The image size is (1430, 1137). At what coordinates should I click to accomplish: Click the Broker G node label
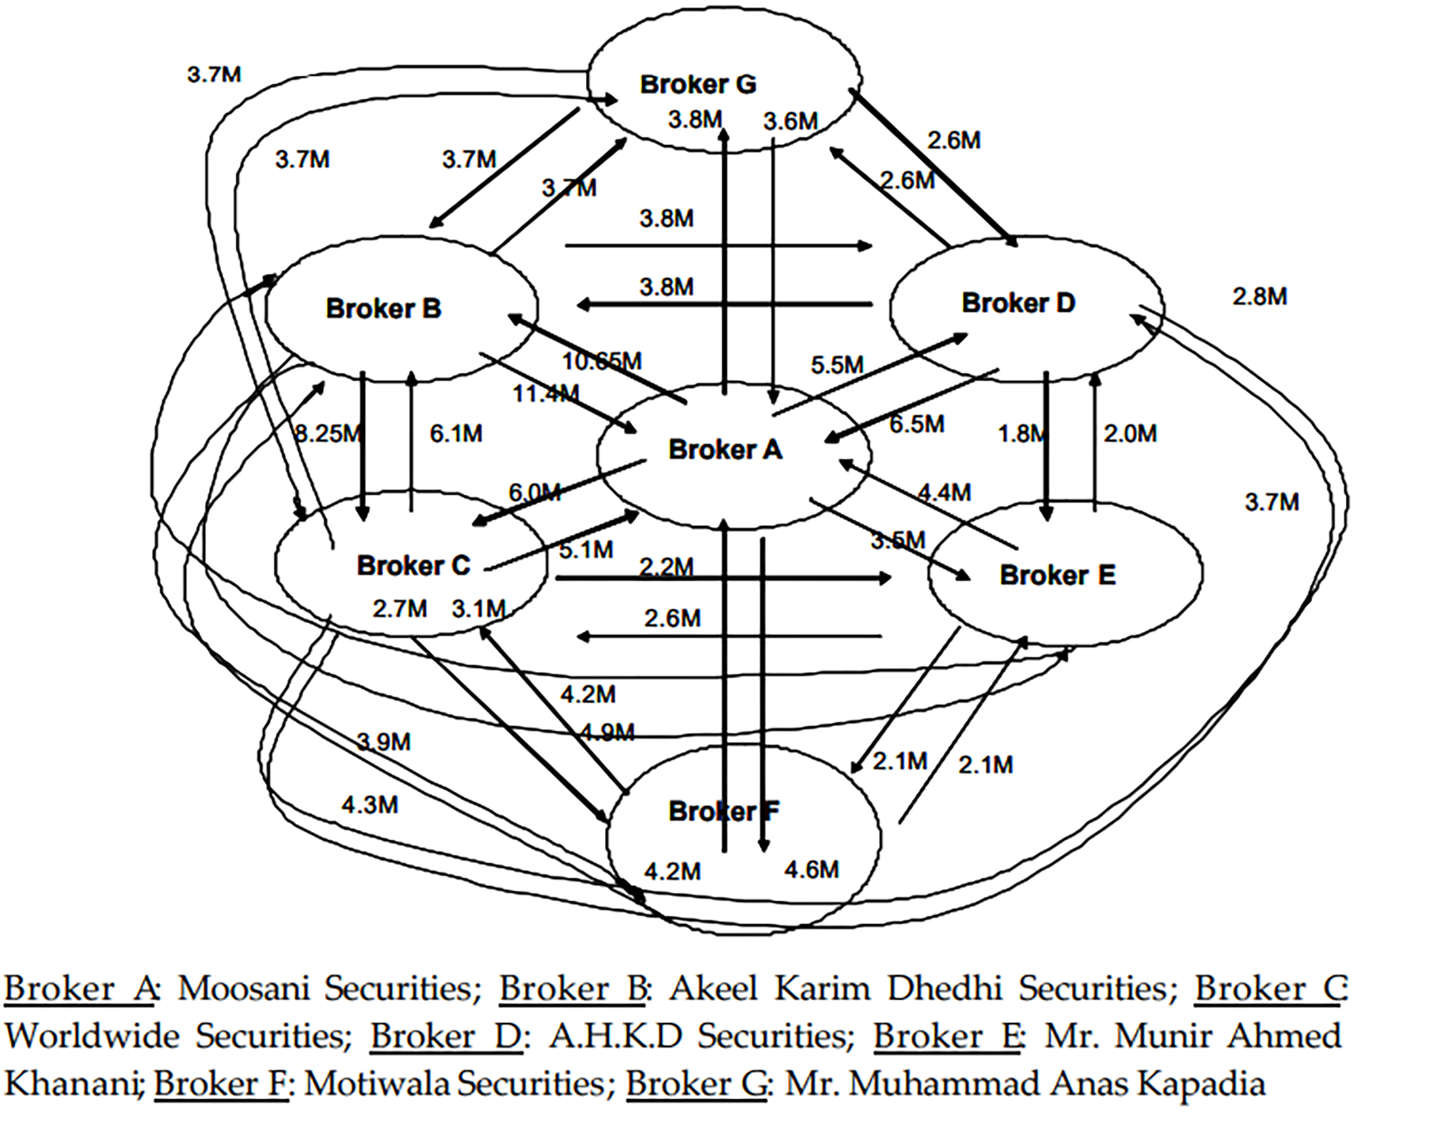698,84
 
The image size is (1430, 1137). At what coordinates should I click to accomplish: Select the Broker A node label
725,449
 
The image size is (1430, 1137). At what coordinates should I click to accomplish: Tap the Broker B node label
383,308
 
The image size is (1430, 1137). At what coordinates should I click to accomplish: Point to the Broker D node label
1018,303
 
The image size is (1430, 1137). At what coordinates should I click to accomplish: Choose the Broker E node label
1057,575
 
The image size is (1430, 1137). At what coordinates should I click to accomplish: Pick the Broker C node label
414,565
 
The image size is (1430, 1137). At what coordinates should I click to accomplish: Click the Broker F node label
724,811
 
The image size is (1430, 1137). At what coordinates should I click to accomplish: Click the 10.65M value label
602,361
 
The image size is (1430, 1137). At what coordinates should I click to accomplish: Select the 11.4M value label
545,394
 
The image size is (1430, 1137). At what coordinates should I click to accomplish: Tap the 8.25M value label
328,433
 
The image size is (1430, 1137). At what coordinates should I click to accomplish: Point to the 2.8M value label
1260,296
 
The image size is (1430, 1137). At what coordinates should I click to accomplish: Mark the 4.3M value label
369,805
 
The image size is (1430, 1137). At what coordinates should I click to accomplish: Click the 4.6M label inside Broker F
811,870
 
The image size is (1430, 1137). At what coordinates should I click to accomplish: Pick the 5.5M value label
837,366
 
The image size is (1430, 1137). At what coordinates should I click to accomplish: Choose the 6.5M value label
917,423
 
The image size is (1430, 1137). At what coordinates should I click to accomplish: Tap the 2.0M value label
1130,433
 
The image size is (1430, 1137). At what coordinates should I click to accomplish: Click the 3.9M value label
383,741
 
